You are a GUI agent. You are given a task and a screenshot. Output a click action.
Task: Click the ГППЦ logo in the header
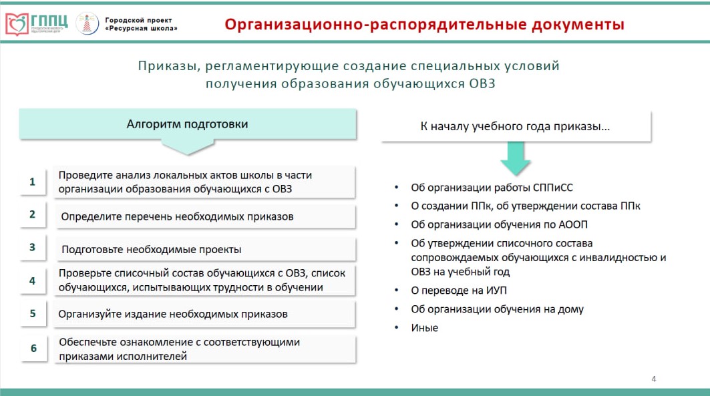pos(37,23)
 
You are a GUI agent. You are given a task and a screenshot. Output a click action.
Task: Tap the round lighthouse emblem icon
pos(87,23)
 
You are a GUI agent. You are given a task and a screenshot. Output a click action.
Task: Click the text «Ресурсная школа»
pos(141,29)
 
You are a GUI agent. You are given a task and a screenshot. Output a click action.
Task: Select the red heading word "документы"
pos(578,24)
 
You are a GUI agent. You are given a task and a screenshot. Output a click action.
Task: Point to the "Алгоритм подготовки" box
pos(188,124)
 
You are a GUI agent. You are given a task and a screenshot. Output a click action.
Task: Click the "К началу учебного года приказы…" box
pos(516,126)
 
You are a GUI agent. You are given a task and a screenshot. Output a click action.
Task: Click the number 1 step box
pos(33,182)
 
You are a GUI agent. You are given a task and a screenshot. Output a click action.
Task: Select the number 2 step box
pos(33,214)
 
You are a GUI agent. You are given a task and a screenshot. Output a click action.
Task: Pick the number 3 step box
pos(33,248)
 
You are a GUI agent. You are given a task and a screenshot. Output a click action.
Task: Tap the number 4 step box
pos(33,281)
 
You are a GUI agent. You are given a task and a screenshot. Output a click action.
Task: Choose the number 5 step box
pos(33,314)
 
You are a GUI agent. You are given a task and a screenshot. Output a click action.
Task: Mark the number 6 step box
pos(33,349)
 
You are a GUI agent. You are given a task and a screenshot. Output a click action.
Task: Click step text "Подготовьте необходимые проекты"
pos(151,249)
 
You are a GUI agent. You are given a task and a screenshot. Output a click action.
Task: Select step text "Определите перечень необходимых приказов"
pos(177,217)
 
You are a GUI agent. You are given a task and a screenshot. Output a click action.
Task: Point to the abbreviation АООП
pos(573,224)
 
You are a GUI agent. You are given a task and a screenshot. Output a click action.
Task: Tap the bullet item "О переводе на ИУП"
pos(459,290)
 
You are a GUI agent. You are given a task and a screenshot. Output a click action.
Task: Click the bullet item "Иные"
pos(424,328)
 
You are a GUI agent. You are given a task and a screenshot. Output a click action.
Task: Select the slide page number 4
pos(654,379)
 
